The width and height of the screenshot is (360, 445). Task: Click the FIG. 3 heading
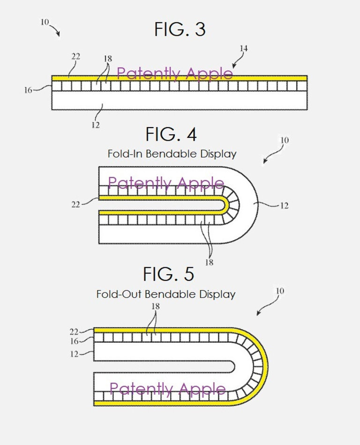[180, 30]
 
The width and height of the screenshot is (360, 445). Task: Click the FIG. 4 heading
[171, 135]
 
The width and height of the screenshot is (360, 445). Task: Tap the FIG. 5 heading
[168, 274]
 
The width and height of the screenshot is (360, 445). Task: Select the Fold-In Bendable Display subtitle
[172, 153]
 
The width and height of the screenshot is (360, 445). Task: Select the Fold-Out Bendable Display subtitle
[165, 294]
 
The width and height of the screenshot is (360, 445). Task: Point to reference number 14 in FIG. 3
[243, 49]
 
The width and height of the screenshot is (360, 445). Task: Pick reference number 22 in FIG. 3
[75, 57]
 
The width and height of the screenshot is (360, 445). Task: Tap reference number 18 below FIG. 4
[209, 262]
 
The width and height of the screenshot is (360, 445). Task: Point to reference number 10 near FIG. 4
[285, 140]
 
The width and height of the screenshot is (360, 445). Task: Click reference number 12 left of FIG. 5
[74, 354]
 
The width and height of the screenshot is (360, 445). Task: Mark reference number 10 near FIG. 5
[280, 291]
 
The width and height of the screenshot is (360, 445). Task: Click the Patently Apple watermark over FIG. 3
[174, 74]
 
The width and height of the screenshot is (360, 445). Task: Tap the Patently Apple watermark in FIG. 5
[167, 388]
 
